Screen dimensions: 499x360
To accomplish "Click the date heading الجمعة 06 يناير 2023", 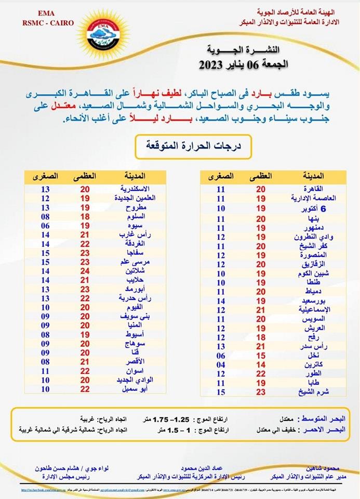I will pos(241,65).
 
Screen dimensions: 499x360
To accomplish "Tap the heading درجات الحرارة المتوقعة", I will pos(193,147).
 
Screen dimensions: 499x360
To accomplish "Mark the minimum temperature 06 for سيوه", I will pos(45,226).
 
